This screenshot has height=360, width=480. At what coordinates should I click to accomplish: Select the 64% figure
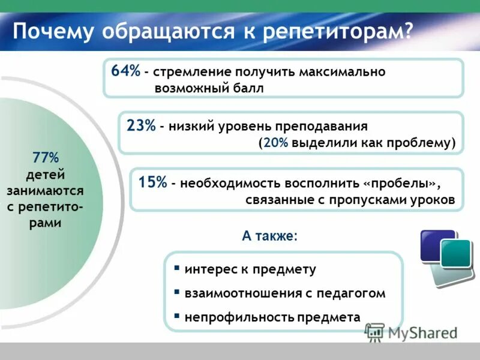coord(125,71)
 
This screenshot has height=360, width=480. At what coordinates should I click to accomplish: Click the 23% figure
coord(141,126)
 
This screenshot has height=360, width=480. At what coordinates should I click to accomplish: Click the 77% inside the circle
coord(46,158)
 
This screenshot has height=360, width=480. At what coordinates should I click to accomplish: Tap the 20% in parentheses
coord(275,144)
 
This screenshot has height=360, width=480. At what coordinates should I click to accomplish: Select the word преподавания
coord(321,127)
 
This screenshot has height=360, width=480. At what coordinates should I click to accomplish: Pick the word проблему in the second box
coord(422,144)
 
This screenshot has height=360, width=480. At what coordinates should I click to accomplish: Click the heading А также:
coord(269,236)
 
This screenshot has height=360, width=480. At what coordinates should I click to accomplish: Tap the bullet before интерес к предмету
coord(176,269)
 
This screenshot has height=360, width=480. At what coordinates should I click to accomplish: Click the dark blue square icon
coord(437,245)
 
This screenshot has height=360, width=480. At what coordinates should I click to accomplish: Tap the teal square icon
coord(456,253)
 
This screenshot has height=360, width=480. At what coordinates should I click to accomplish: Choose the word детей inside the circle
coord(46,175)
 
